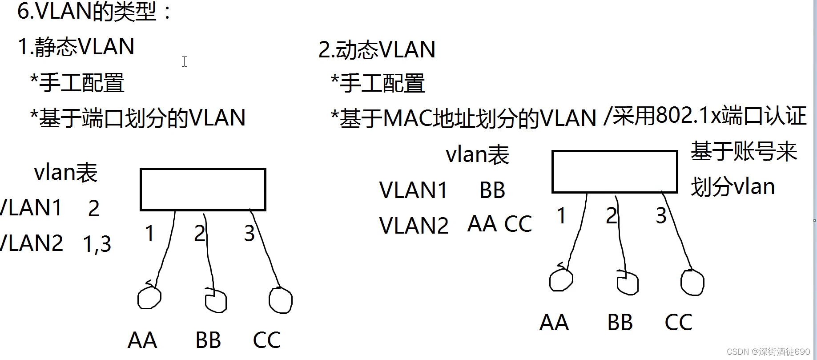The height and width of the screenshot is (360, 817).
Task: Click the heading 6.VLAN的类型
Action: tap(94, 12)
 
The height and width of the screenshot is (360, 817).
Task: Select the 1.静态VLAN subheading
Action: tap(76, 47)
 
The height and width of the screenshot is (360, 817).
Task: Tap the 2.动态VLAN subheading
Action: tap(377, 49)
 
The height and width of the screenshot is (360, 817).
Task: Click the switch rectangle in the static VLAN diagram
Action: tap(203, 189)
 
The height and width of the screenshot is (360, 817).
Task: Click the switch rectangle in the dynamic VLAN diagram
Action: tap(615, 171)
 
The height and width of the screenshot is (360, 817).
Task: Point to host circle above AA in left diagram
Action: tap(149, 297)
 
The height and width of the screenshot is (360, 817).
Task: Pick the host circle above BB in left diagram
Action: tap(216, 300)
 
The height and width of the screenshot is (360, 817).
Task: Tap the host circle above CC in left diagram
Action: tap(281, 300)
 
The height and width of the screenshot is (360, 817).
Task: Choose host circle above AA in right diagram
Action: tap(561, 279)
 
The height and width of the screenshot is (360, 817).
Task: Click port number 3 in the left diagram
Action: tap(249, 234)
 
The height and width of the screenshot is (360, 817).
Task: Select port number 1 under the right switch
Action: tap(561, 216)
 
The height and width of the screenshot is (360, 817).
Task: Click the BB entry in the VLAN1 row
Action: tap(492, 190)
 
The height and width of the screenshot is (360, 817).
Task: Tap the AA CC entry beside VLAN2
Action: tap(499, 224)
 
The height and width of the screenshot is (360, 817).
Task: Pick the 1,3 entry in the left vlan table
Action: tap(97, 244)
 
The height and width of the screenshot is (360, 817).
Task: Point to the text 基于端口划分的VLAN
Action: tap(142, 118)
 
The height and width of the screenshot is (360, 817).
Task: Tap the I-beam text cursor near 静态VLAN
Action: tap(184, 61)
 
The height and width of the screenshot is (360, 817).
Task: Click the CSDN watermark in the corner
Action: tap(768, 352)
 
